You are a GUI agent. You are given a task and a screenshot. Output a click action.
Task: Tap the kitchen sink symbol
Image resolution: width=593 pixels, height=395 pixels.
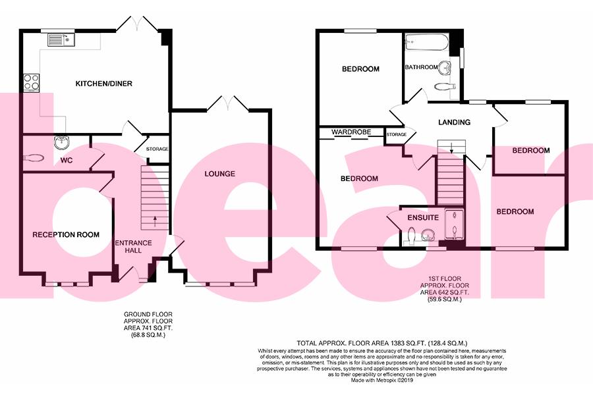pos(61,40)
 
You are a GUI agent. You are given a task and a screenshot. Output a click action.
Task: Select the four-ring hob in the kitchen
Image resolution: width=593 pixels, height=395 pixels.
pos(31,82)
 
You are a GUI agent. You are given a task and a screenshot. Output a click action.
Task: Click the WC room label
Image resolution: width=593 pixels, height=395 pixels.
pos(67,160)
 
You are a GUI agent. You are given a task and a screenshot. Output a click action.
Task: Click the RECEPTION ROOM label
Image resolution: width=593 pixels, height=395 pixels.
pos(66,234)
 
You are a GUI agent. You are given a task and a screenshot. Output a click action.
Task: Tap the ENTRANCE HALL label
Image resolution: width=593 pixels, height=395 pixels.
pos(134,248)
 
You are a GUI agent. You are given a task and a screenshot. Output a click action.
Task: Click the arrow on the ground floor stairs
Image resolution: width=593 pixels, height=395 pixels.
pos(155,219)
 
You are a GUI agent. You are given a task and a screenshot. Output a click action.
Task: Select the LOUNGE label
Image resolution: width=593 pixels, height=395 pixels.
pos(219,174)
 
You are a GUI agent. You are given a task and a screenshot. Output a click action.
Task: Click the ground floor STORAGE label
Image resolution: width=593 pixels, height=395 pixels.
pos(157,149)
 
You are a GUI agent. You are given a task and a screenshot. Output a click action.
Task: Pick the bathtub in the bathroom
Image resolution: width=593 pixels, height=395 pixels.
pos(426,43)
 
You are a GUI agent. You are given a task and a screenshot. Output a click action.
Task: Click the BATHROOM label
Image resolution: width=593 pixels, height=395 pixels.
pos(421,67)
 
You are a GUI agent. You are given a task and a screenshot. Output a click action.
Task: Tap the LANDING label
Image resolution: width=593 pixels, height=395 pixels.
pos(455,122)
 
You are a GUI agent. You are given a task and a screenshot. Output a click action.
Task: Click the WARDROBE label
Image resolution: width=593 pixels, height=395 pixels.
pos(349,132)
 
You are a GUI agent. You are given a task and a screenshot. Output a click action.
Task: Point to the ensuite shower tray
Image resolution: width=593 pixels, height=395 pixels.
pos(455,224)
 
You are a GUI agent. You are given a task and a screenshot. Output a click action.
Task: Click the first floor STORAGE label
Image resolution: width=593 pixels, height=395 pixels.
pos(396,135)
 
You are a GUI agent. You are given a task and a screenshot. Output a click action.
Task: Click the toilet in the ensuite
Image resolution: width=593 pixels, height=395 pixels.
pos(410,234)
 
